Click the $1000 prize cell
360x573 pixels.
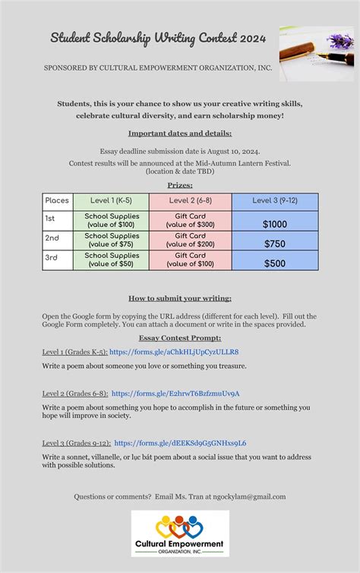click(275, 225)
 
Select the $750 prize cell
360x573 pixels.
click(275, 244)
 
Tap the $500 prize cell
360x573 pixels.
click(275, 263)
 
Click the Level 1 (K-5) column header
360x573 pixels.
click(112, 201)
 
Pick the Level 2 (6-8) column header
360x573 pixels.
click(190, 201)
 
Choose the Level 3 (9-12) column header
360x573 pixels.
click(275, 201)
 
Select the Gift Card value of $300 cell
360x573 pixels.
click(190, 221)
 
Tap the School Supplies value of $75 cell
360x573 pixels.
click(112, 240)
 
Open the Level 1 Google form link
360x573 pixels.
click(174, 352)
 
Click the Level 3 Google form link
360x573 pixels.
click(180, 442)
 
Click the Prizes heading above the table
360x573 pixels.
click(180, 184)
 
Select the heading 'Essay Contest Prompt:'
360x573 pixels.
click(180, 338)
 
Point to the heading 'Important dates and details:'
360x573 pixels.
click(180, 133)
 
